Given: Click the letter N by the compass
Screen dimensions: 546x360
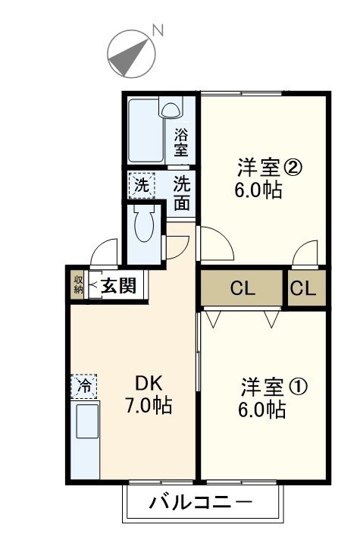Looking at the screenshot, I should (x=158, y=30).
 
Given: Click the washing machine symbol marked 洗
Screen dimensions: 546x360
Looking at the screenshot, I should (x=141, y=184).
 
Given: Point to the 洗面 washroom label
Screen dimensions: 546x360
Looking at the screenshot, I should (x=181, y=193).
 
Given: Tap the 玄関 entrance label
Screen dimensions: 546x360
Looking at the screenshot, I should (x=118, y=286).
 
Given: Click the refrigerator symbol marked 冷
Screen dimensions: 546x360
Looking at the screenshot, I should (x=85, y=386).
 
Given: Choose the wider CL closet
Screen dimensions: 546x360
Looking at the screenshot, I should (x=242, y=288).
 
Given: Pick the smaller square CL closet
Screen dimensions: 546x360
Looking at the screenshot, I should (x=306, y=288).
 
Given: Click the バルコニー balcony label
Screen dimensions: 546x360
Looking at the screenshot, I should (x=200, y=502).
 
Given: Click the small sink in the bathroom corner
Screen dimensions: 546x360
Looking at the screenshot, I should (x=171, y=109).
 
